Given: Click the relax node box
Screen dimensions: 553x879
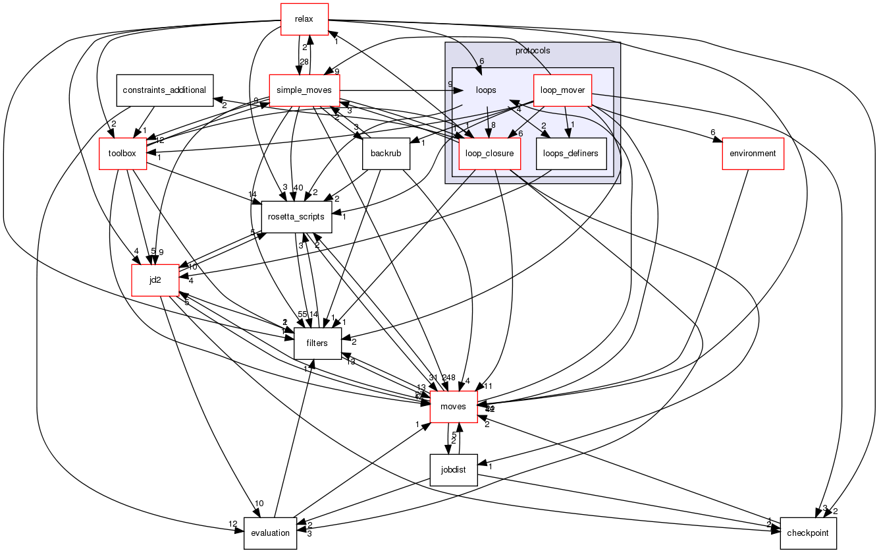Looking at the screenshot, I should click(305, 19).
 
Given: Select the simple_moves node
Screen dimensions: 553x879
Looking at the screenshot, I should click(304, 90).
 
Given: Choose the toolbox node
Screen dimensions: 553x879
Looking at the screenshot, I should click(122, 154).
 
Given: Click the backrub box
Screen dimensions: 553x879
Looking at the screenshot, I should click(386, 154).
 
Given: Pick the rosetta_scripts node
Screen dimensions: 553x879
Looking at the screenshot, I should click(297, 217).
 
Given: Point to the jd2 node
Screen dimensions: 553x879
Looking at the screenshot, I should click(155, 280).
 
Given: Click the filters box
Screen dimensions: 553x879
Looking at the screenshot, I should click(317, 343).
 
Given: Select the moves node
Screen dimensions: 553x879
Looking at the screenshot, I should click(454, 407).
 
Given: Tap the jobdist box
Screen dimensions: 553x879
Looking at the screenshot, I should click(454, 470).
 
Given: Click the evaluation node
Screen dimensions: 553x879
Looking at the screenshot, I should click(271, 533).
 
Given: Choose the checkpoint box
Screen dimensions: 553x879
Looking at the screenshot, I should click(808, 533).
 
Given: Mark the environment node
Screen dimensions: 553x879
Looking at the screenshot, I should click(753, 154).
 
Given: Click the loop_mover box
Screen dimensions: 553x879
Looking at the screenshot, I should click(562, 90).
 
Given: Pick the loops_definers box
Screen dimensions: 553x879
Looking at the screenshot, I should click(572, 154).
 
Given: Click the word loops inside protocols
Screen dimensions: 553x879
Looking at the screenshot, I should click(486, 90).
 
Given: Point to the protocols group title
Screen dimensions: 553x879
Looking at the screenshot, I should click(533, 51).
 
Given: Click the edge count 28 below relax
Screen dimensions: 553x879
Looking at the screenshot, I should click(304, 61).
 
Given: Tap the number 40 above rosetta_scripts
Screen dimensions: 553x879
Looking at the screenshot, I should click(298, 188).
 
